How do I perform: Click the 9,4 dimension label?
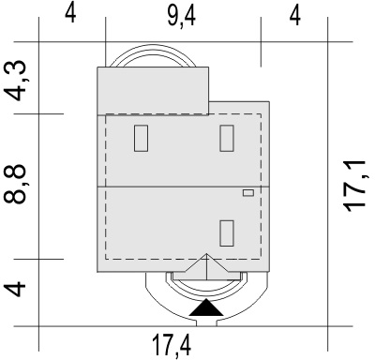[x=181, y=16]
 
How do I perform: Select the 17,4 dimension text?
[x=172, y=345]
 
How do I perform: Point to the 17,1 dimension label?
[x=354, y=186]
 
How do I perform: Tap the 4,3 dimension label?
[x=16, y=81]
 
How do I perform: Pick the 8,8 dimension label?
[x=14, y=185]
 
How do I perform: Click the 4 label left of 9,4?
[x=70, y=14]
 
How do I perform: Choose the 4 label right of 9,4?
[x=295, y=16]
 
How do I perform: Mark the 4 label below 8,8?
[x=15, y=289]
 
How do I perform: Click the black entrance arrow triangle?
[x=206, y=307]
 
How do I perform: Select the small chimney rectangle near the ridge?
[x=248, y=193]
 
